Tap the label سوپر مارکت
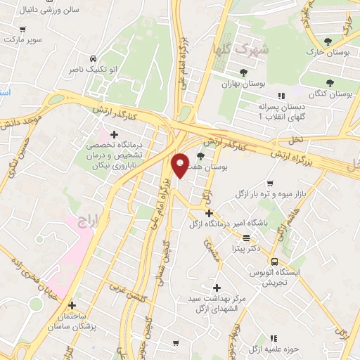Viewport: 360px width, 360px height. pyautogui.click(x=23, y=39)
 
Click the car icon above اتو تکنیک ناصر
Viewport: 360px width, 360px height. pyautogui.click(x=93, y=58)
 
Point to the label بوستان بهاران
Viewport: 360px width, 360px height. pyautogui.click(x=242, y=83)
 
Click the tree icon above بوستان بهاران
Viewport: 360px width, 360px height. pyautogui.click(x=243, y=72)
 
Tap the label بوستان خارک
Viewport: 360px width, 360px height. pyautogui.click(x=328, y=53)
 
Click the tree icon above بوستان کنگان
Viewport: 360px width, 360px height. pyautogui.click(x=330, y=83)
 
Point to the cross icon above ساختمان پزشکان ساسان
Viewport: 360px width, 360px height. pyautogui.click(x=72, y=306)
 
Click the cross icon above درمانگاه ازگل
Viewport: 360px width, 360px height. pyautogui.click(x=209, y=212)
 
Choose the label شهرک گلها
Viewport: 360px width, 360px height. pyautogui.click(x=242, y=49)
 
